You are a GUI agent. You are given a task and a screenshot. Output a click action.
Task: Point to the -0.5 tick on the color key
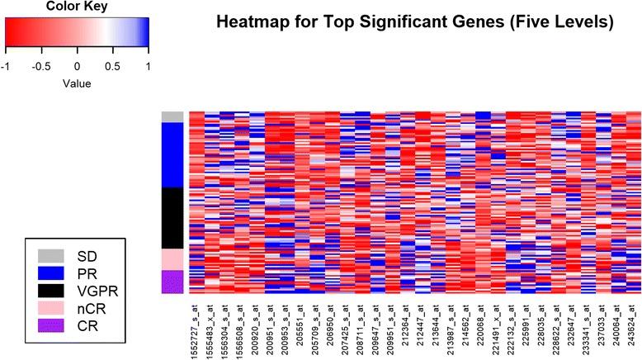(x=40, y=64)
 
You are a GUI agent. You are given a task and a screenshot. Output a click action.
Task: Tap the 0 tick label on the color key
(x=77, y=64)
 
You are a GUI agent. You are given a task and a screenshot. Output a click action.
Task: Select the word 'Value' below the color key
(x=77, y=83)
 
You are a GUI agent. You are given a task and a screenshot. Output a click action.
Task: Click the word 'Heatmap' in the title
(x=253, y=22)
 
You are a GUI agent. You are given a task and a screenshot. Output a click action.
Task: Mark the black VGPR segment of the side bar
(x=172, y=218)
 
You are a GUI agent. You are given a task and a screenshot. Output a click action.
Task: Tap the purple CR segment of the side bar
(x=172, y=282)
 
